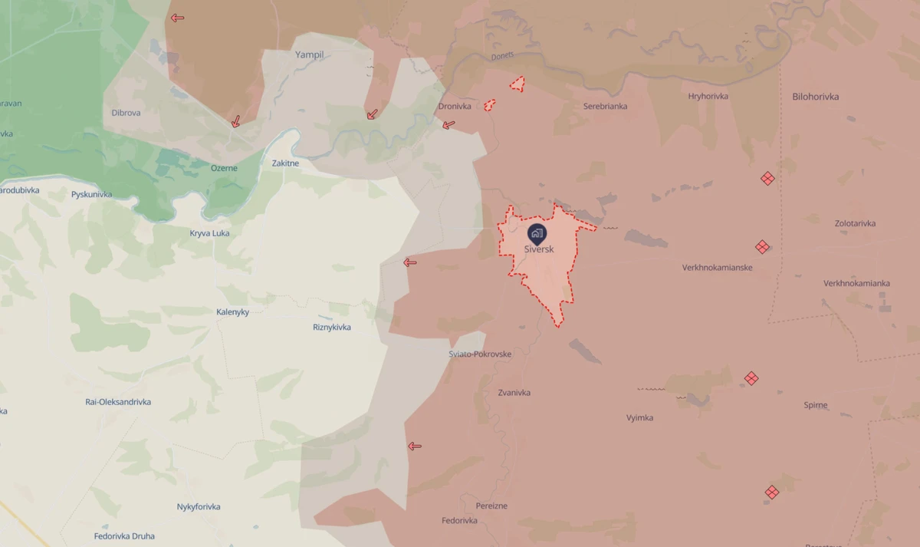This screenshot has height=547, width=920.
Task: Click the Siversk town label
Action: [x=538, y=249]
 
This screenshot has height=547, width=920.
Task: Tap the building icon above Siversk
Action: [x=537, y=232]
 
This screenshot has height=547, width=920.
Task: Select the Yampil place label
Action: [x=310, y=55]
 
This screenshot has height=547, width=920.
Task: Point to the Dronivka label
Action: [x=455, y=107]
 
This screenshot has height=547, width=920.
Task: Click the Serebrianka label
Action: [x=605, y=106]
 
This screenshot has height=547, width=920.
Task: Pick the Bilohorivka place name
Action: [x=815, y=97]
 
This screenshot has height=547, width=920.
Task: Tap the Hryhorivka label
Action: [x=708, y=96]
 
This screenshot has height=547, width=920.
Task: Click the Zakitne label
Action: [x=285, y=163]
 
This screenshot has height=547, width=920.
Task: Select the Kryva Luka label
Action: [x=209, y=233]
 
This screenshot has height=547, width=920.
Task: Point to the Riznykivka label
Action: [x=332, y=328]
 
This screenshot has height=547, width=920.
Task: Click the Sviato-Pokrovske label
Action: [x=480, y=354]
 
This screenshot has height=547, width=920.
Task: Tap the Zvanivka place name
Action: [x=514, y=393]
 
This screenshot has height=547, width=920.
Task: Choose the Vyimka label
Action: [x=639, y=418]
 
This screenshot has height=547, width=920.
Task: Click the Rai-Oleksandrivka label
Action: [x=118, y=402]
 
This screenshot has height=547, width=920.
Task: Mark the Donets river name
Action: [x=503, y=57]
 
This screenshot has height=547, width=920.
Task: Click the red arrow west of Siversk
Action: [x=410, y=262]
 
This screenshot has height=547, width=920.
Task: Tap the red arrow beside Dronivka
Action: [x=449, y=124]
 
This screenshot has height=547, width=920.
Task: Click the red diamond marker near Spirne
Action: [x=751, y=378]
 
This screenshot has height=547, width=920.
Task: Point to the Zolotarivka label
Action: [x=855, y=223]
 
